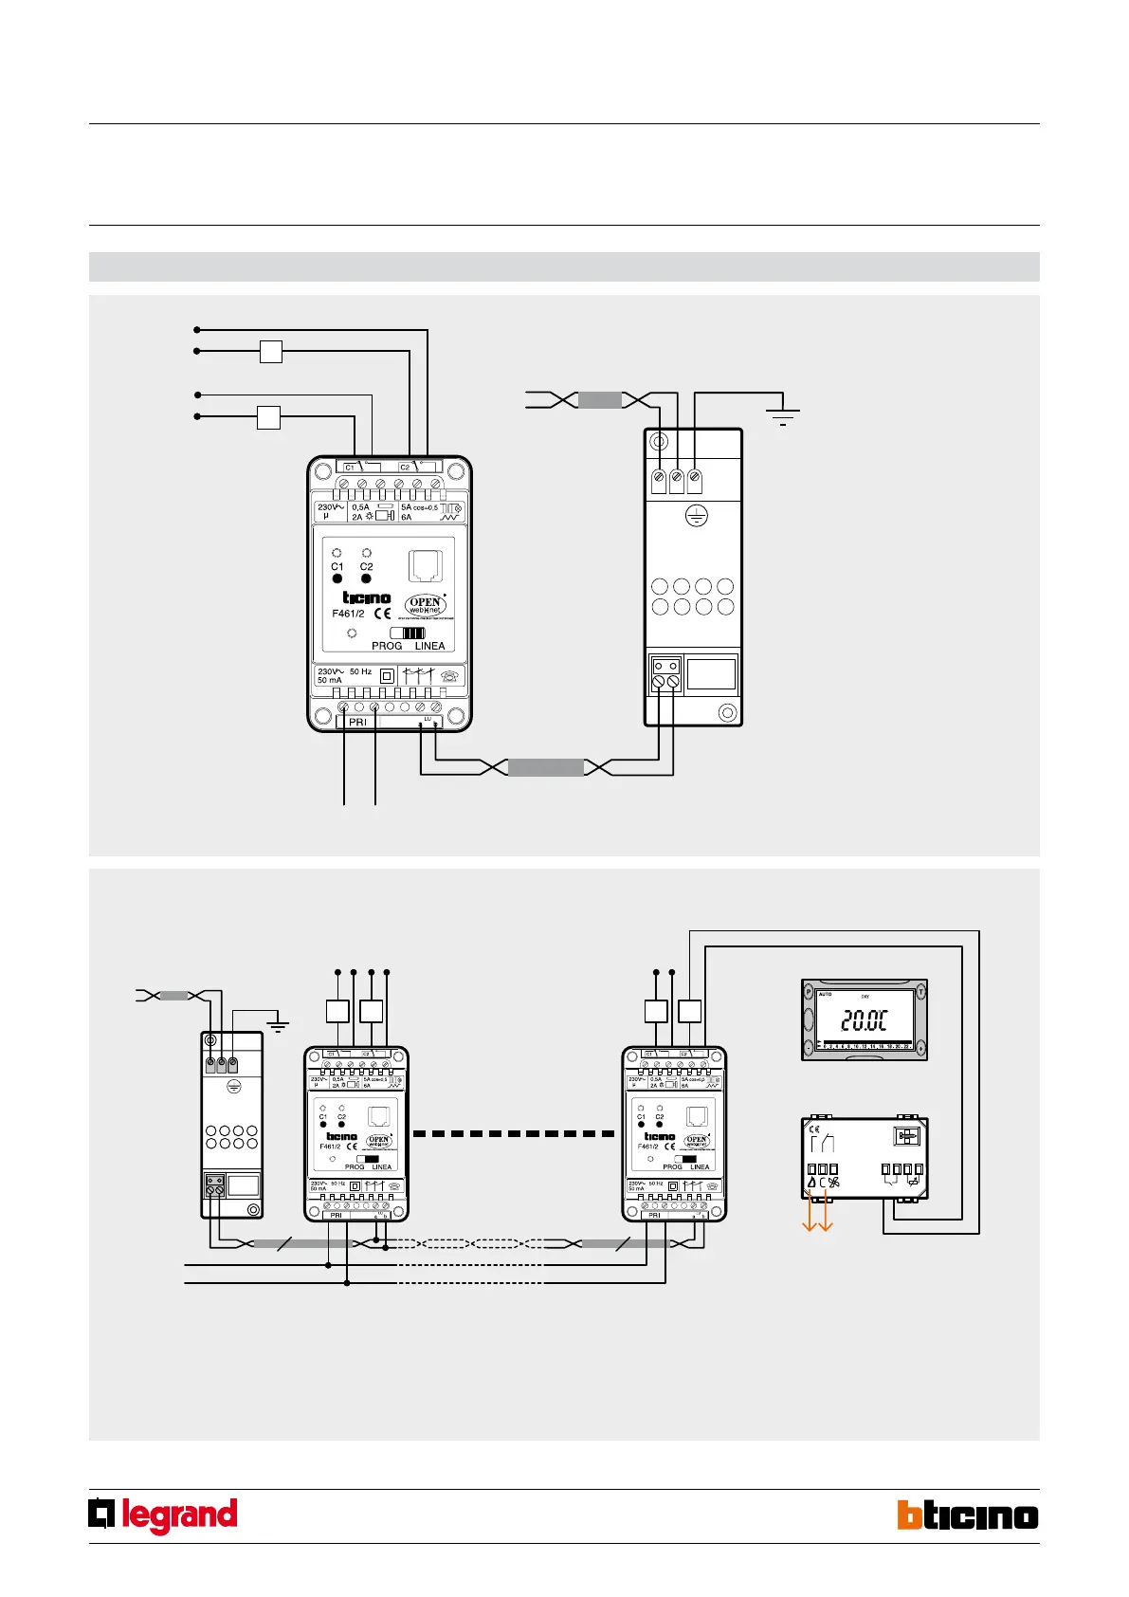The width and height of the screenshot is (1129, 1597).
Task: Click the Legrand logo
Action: pyautogui.click(x=163, y=1515)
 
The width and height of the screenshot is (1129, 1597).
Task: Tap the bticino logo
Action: pyautogui.click(x=967, y=1515)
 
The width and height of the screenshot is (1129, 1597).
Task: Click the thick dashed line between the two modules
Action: pyautogui.click(x=515, y=1133)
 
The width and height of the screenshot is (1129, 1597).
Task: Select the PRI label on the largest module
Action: pyautogui.click(x=357, y=722)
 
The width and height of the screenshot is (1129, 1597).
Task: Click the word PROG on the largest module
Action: pyautogui.click(x=387, y=646)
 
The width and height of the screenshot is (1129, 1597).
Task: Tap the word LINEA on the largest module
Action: pyautogui.click(x=429, y=646)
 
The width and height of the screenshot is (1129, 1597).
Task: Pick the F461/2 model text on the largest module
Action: pyautogui.click(x=349, y=614)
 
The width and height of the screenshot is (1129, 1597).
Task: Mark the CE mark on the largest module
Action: pyautogui.click(x=383, y=614)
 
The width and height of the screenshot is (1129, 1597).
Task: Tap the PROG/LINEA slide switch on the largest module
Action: pyautogui.click(x=408, y=633)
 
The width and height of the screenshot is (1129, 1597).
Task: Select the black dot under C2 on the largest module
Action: pyautogui.click(x=367, y=578)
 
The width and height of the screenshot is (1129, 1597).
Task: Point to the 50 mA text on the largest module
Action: pyautogui.click(x=330, y=680)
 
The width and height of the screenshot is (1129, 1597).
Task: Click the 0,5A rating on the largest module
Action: pyautogui.click(x=361, y=507)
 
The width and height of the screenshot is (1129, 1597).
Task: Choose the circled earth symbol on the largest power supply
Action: pyautogui.click(x=697, y=517)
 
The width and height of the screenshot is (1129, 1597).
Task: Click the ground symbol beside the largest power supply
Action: pyautogui.click(x=783, y=415)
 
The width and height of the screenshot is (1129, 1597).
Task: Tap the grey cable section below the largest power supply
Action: pyautogui.click(x=546, y=768)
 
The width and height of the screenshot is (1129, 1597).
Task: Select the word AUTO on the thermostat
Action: pyautogui.click(x=825, y=995)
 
